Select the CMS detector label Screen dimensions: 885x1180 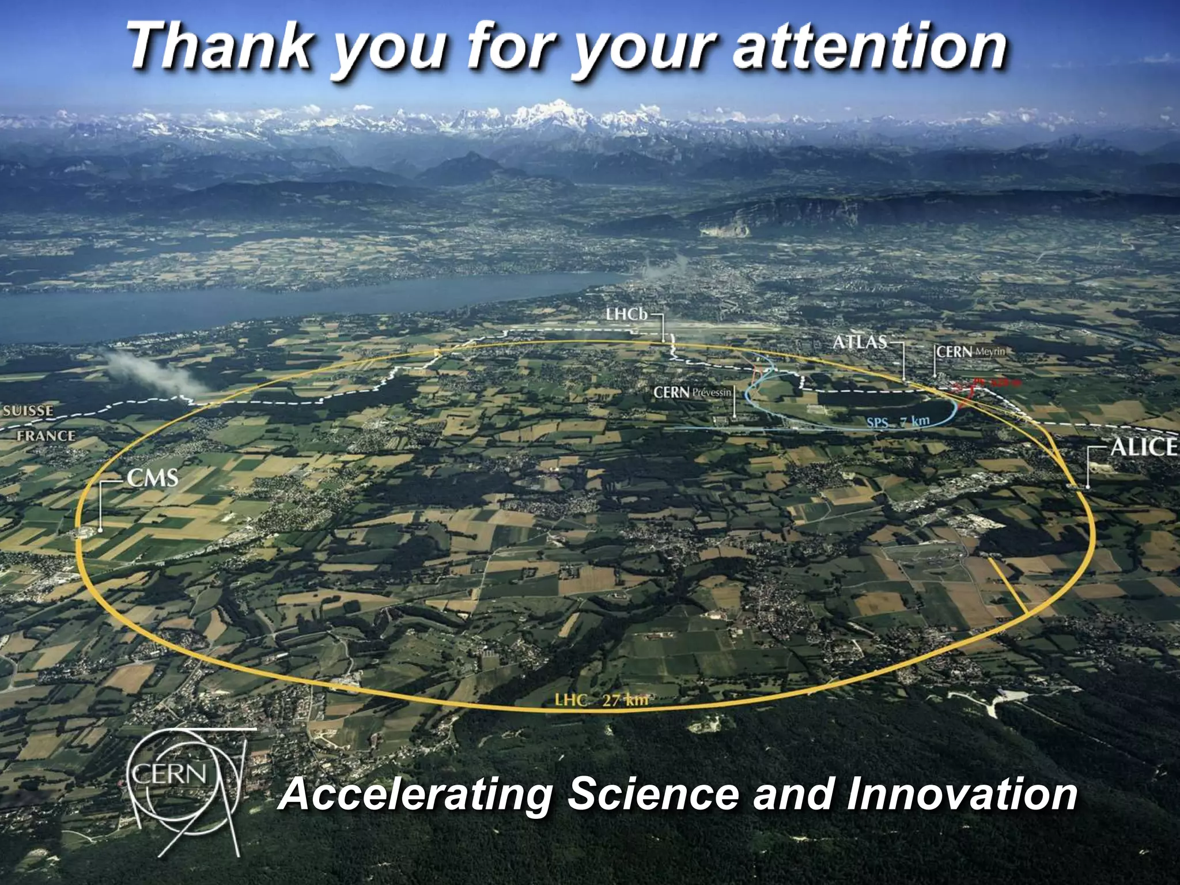153,478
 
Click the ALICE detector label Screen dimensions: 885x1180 1143,447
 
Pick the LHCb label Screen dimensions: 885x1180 627,315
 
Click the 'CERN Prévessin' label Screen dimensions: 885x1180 691,393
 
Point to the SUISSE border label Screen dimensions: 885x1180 28,411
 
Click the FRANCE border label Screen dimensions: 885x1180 46,436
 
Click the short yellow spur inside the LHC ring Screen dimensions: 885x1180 1008,585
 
